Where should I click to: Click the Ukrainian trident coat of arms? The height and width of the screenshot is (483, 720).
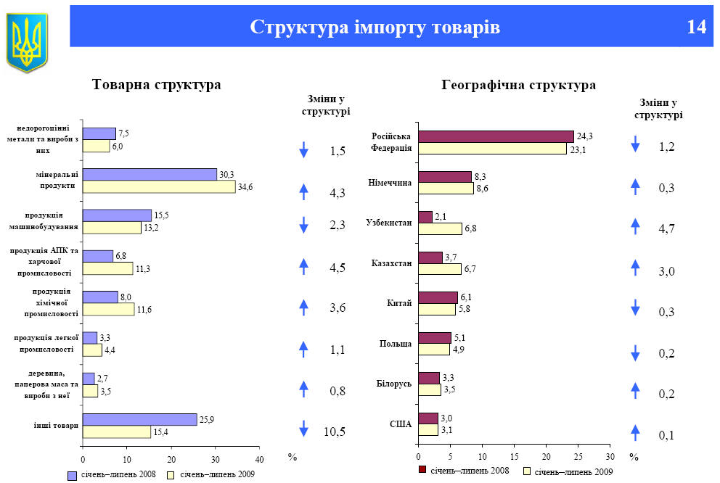point(28,42)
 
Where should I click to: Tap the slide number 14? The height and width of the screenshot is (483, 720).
point(695,27)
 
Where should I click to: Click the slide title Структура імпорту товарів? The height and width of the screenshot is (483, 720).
point(375,27)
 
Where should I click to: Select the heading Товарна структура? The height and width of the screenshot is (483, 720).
point(156,85)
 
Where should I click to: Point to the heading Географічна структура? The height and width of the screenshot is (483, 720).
point(518,85)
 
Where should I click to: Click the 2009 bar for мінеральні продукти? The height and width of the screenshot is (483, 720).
point(159,187)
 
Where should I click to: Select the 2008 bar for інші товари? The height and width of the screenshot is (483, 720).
point(139,419)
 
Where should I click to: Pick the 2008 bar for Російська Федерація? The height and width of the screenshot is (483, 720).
point(496,136)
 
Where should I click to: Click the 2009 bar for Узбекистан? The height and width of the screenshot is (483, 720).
point(440,229)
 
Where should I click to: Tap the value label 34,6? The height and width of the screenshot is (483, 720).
point(245,188)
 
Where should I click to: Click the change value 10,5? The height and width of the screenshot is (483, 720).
point(335,432)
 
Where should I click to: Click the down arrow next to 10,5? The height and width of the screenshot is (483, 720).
point(304,429)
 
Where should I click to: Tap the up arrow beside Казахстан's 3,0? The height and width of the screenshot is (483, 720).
point(635,268)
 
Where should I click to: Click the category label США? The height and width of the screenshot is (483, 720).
point(401,424)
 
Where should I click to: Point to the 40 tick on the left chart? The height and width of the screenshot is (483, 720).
point(259,459)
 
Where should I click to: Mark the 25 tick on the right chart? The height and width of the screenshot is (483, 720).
point(578,457)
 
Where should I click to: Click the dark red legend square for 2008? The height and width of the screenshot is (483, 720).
point(422,470)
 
